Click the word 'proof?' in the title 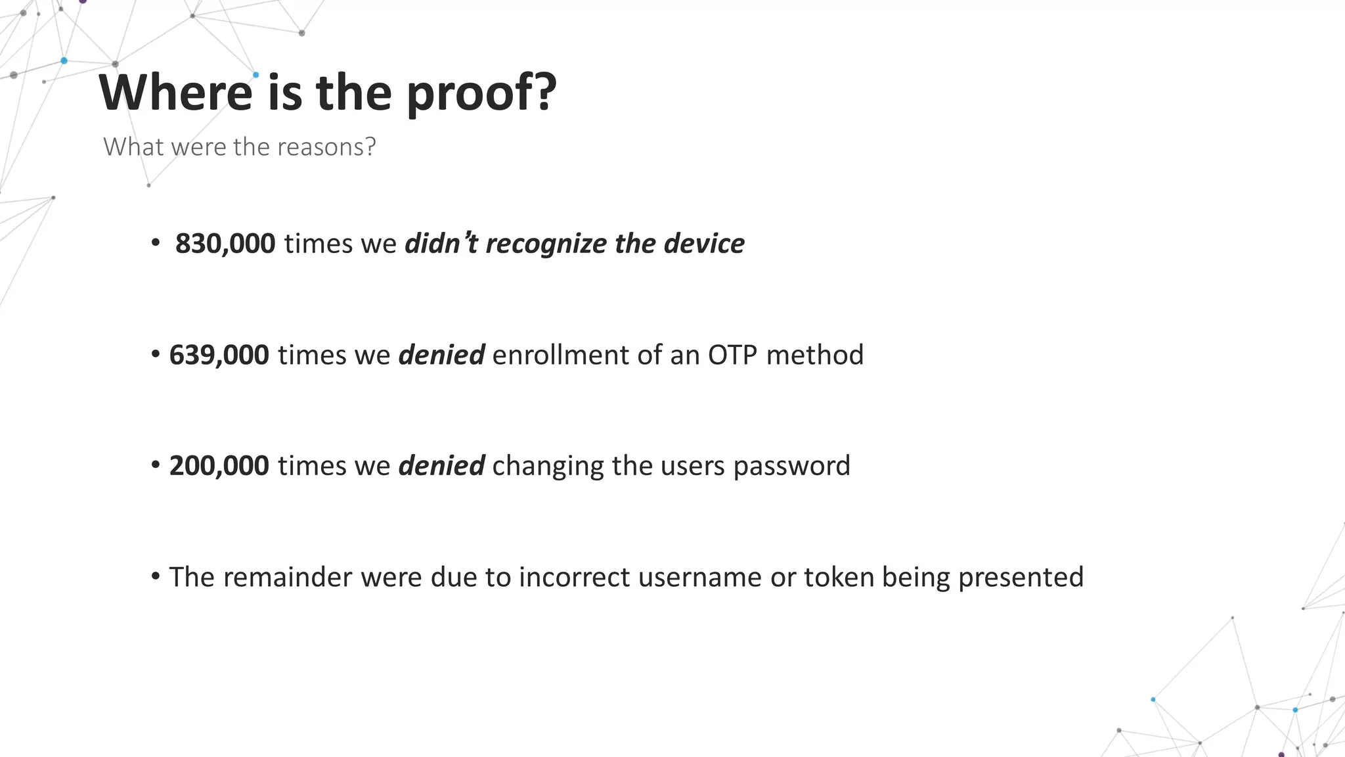point(481,93)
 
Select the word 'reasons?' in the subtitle point(326,147)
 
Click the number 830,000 point(225,244)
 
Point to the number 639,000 point(219,355)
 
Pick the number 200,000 point(219,466)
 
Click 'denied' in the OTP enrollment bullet point(442,355)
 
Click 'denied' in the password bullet point(442,466)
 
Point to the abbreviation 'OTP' point(732,355)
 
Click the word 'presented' point(1021,578)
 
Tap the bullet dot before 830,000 point(156,243)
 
